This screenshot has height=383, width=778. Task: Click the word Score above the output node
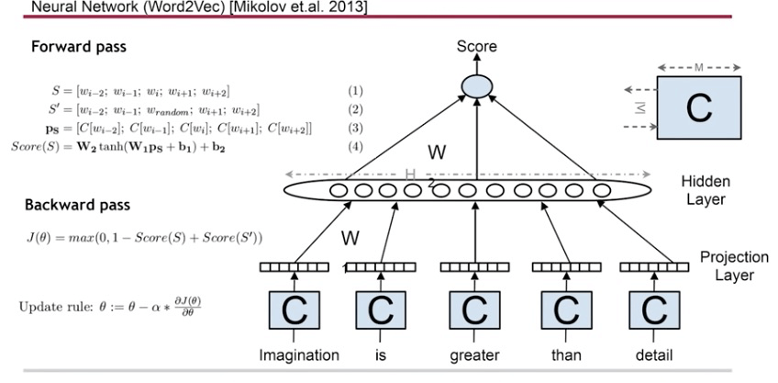pos(478,47)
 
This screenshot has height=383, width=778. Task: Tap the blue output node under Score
pos(478,84)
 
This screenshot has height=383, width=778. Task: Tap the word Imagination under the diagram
pos(299,354)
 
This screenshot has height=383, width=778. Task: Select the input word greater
pos(472,355)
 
